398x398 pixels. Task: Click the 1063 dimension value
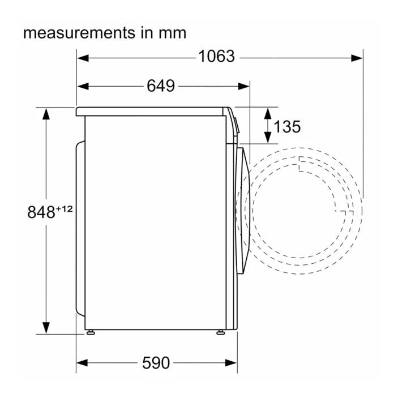pos(216,57)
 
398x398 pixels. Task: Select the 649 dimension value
pos(161,86)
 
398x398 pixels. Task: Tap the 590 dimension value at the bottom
pos(156,363)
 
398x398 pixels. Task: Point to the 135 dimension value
pos(287,127)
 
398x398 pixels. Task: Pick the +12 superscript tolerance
pos(64,209)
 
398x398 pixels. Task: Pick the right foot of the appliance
pos(220,332)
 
